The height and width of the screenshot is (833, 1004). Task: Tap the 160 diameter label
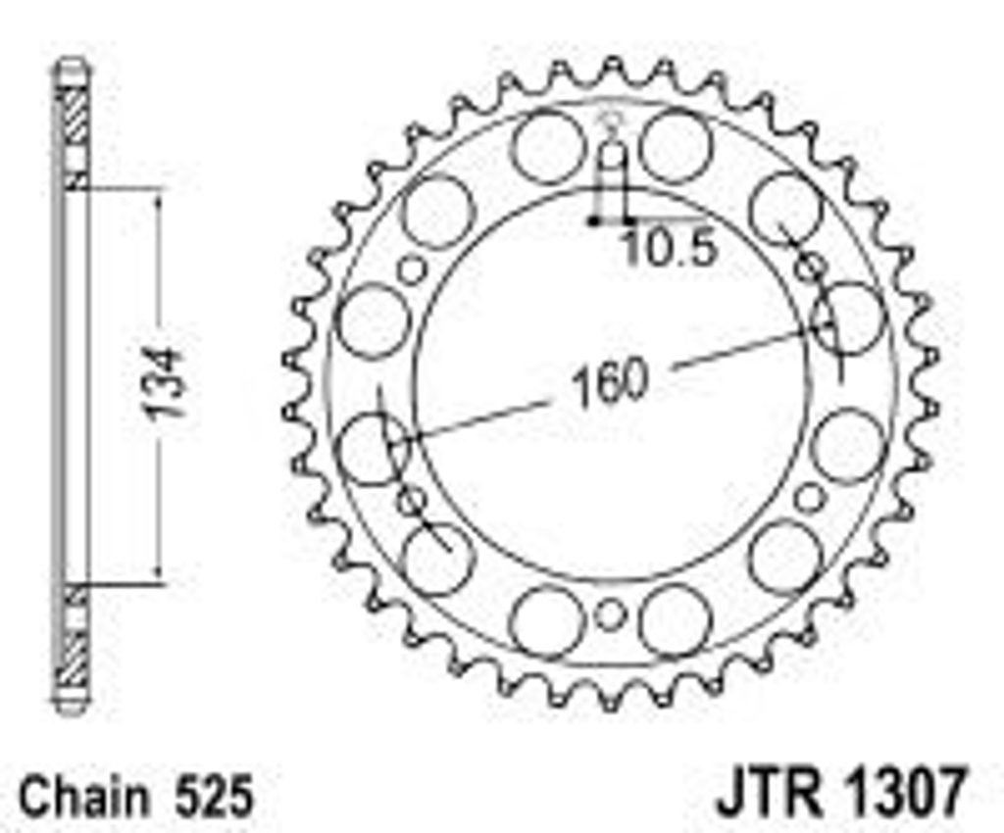(609, 383)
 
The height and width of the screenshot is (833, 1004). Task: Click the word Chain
(84, 797)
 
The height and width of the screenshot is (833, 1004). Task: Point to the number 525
(214, 797)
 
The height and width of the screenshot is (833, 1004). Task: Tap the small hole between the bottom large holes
(610, 615)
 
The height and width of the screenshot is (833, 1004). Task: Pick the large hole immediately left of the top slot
(547, 147)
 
